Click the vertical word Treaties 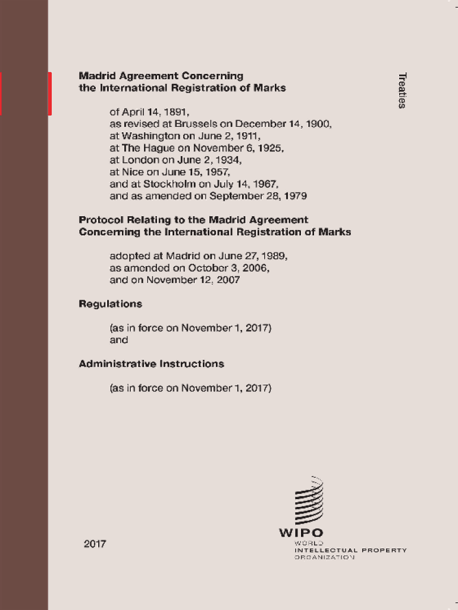click(402, 90)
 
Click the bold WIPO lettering click(302, 533)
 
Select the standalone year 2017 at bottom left click(95, 543)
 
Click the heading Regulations click(111, 304)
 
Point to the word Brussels click(197, 124)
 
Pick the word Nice click(133, 172)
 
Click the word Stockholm click(170, 183)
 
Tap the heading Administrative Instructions click(152, 363)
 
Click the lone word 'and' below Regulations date click(119, 340)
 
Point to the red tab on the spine click(50, 94)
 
